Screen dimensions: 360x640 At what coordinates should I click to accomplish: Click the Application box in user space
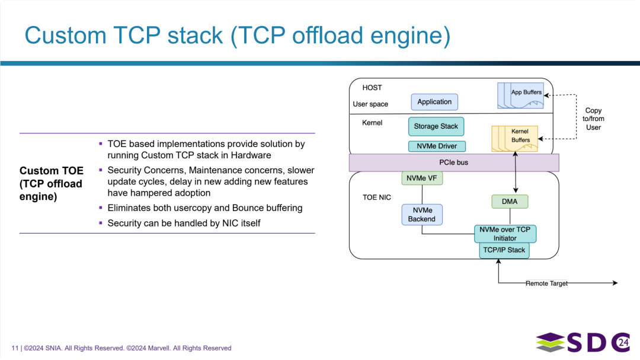click(x=434, y=102)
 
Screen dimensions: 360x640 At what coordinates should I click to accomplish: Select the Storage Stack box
click(x=436, y=126)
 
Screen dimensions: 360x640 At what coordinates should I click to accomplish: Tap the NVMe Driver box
click(x=437, y=146)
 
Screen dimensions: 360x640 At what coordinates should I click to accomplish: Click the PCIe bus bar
click(x=454, y=162)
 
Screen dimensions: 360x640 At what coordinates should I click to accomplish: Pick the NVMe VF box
click(x=421, y=178)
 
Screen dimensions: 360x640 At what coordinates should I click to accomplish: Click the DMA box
click(x=509, y=202)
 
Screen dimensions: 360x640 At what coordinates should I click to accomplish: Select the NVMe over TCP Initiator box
click(x=505, y=234)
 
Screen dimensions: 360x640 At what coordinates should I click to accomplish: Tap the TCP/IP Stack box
click(x=504, y=250)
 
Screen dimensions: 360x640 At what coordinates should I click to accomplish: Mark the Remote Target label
click(x=546, y=283)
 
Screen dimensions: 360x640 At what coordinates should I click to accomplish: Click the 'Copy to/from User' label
click(x=593, y=119)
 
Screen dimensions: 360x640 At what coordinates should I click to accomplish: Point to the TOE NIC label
click(x=377, y=197)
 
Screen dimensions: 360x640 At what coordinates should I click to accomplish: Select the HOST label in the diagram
click(x=372, y=88)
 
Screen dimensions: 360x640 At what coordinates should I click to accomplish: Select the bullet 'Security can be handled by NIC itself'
click(x=184, y=223)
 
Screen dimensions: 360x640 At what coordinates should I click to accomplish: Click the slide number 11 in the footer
click(x=14, y=348)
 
